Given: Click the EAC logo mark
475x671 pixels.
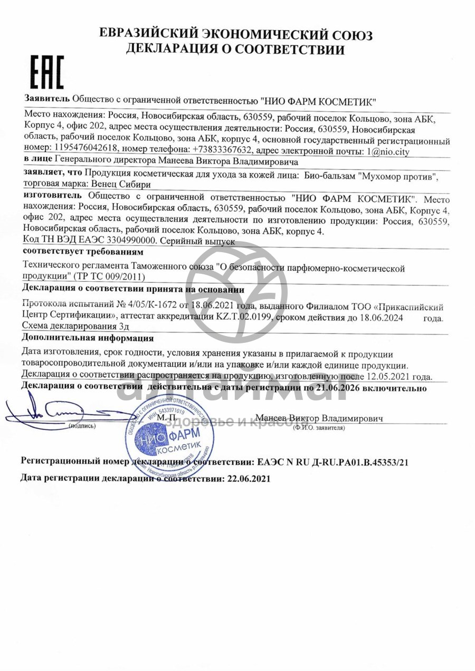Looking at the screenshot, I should [45, 72].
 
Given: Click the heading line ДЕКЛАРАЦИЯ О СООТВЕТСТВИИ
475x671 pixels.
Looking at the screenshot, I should [235, 50].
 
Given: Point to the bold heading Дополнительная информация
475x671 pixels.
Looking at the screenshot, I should [88, 338].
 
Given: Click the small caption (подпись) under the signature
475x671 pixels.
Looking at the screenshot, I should [82, 425].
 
